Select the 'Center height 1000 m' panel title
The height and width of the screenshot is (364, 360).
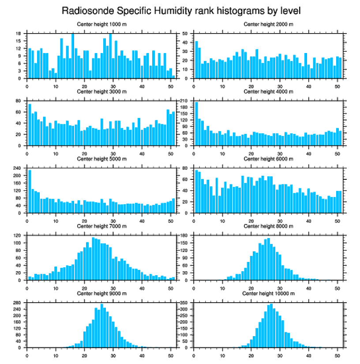(101, 24)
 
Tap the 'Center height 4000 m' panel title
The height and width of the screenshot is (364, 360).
(268, 91)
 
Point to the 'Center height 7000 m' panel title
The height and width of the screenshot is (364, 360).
(101, 226)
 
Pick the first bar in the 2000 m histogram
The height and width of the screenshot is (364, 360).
(196, 60)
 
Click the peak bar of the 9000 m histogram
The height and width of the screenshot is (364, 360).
(102, 326)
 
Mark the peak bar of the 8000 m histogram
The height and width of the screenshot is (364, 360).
(268, 259)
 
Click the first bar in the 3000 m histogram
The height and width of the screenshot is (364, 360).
(30, 125)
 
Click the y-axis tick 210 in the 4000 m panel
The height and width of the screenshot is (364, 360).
(185, 101)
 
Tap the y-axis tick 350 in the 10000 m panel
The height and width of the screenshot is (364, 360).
(185, 303)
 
